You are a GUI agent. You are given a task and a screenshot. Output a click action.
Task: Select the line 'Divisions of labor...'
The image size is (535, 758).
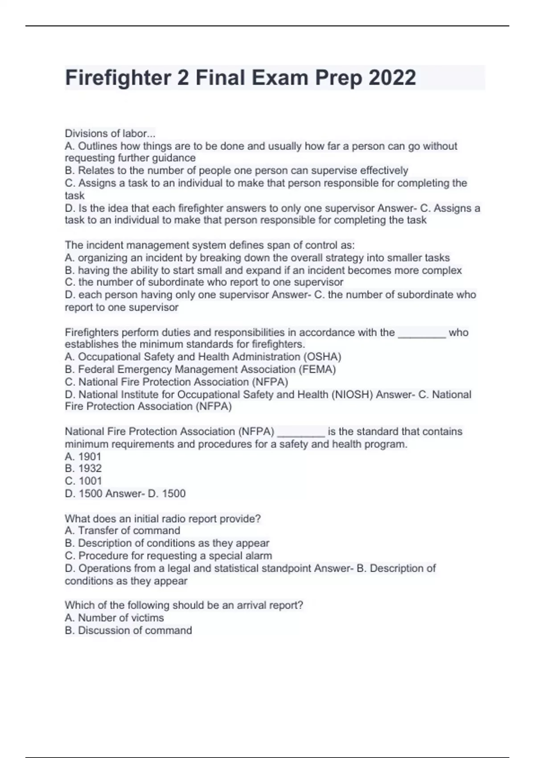tap(110, 133)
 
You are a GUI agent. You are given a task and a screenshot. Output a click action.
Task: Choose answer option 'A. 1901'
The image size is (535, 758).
tap(83, 457)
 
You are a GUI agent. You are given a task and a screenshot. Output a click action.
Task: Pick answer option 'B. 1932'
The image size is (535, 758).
tap(83, 469)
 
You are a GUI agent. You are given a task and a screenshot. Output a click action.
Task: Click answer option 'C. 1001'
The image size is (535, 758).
tap(83, 481)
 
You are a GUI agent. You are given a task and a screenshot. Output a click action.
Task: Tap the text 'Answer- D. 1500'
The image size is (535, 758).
tap(145, 494)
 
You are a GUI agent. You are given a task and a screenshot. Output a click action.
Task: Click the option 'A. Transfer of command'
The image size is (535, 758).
tap(123, 531)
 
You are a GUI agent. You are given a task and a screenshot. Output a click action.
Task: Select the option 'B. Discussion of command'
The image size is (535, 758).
tap(128, 630)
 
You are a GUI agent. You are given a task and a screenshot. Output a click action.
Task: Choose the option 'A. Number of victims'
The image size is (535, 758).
tap(115, 618)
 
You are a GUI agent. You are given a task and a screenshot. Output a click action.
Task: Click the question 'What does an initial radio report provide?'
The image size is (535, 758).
tap(163, 519)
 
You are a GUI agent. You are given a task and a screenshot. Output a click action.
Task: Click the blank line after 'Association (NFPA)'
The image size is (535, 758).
tap(301, 433)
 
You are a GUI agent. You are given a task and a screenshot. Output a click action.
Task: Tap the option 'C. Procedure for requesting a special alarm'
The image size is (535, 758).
tap(169, 556)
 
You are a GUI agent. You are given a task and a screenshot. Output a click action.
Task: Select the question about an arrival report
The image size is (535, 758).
tap(184, 605)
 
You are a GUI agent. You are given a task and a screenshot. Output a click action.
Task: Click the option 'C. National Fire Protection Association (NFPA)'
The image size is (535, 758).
tap(177, 382)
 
